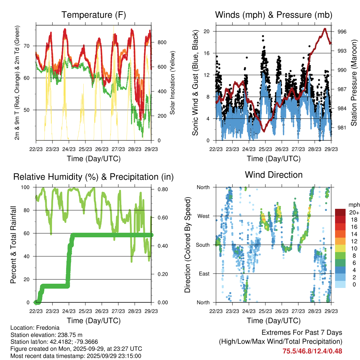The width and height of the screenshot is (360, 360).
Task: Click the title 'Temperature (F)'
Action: [94, 15]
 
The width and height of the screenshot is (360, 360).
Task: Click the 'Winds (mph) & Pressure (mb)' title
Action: [274, 15]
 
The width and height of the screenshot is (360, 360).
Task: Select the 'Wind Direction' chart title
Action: [274, 175]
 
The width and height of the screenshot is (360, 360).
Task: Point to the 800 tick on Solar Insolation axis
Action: [162, 43]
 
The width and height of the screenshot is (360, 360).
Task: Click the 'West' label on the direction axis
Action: [203, 216]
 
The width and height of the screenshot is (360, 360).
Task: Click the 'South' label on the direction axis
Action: [202, 245]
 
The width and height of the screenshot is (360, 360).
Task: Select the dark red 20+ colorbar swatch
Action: [340, 212]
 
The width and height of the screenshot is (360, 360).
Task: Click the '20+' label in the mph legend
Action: [353, 213]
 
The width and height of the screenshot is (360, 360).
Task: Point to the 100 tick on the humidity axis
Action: [27, 187]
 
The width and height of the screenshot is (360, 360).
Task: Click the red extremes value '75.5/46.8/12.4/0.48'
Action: [312, 351]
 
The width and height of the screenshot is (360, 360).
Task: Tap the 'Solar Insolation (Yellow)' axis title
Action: [173, 83]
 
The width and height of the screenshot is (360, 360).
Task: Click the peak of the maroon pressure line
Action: [325, 29]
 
